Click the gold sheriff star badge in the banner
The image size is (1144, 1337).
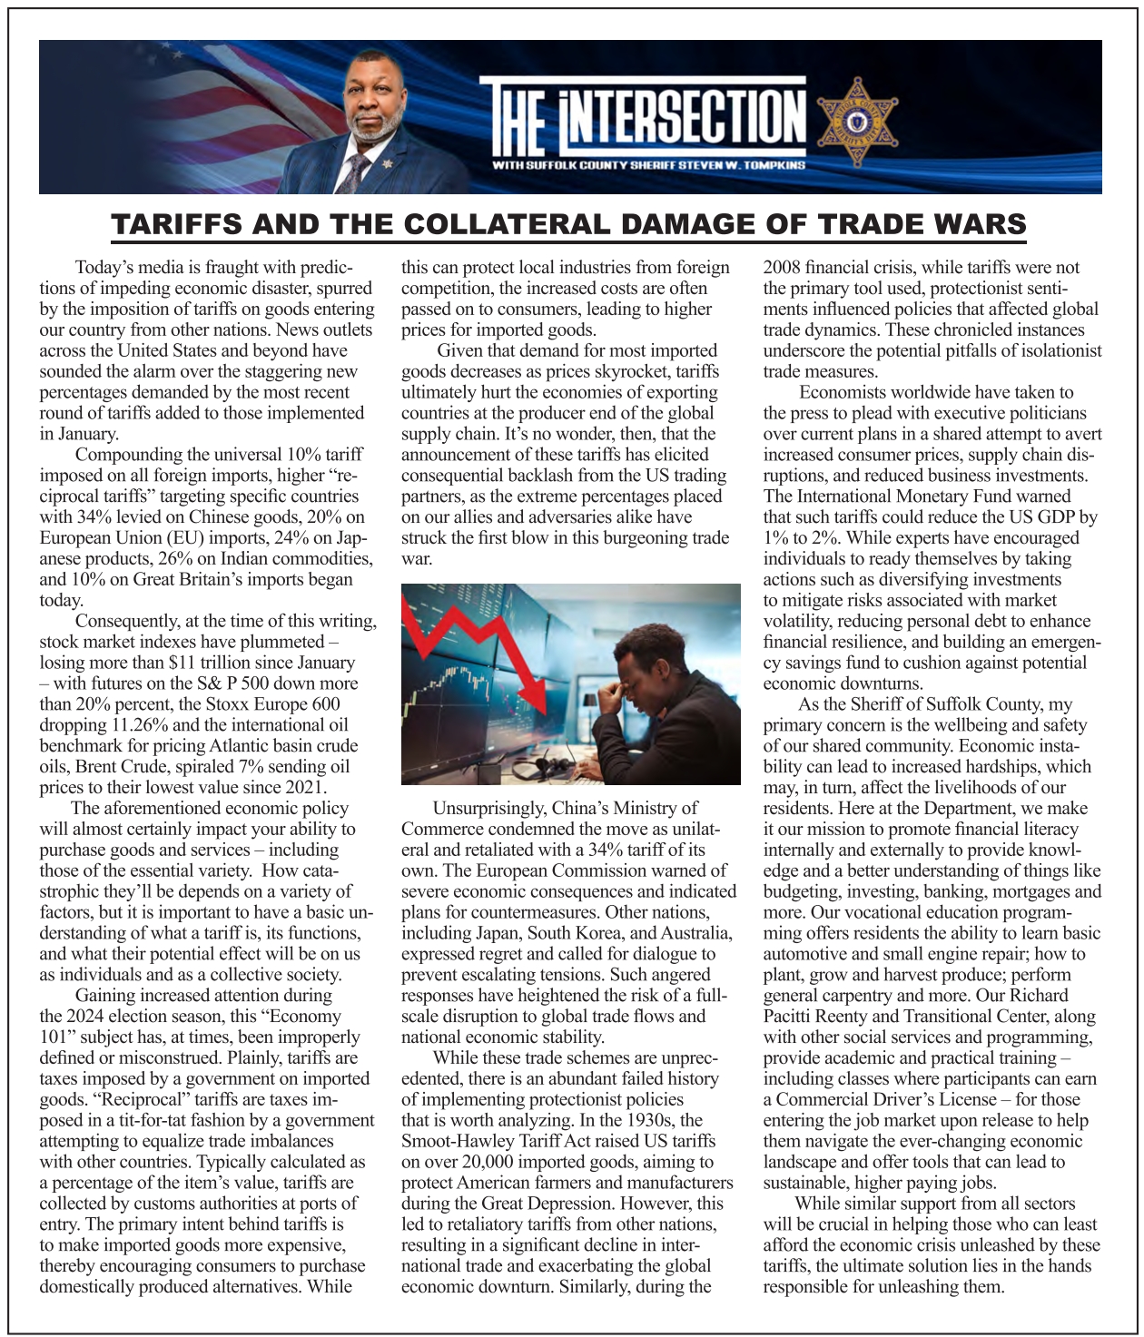tap(856, 123)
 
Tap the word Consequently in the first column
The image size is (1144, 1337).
tap(126, 621)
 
